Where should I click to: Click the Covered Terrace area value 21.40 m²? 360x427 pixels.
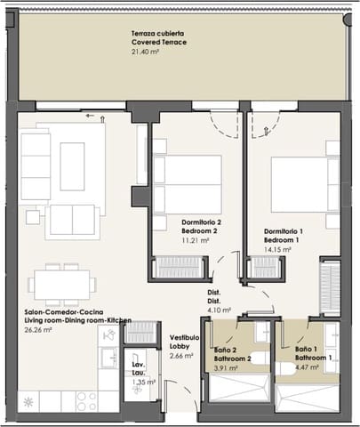tap(145, 52)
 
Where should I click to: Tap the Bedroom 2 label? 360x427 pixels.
tap(199, 230)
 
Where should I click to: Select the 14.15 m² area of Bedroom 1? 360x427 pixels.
tap(277, 249)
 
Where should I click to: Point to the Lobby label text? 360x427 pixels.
tap(180, 346)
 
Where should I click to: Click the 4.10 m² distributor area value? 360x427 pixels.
tap(219, 310)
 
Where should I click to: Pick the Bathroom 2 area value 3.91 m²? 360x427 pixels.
tap(226, 368)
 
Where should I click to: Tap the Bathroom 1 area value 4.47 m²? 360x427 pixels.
tap(307, 367)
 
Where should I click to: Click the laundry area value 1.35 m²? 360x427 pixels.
tap(144, 382)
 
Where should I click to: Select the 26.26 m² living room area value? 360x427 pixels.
tap(38, 329)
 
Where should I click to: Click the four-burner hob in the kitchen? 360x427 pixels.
tap(86, 401)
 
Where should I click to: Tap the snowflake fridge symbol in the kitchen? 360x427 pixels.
tap(28, 402)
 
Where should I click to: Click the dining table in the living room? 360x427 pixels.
tap(62, 285)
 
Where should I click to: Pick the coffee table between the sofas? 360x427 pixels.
tap(72, 166)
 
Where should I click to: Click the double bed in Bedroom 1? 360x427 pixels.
tap(305, 184)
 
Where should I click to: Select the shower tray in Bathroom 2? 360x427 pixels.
tap(239, 389)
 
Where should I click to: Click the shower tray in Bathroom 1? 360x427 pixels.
tap(307, 398)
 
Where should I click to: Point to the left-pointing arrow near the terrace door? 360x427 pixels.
tap(90, 116)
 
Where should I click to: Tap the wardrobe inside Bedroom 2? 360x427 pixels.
tap(179, 267)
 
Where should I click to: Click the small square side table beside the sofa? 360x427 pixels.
tap(33, 217)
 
